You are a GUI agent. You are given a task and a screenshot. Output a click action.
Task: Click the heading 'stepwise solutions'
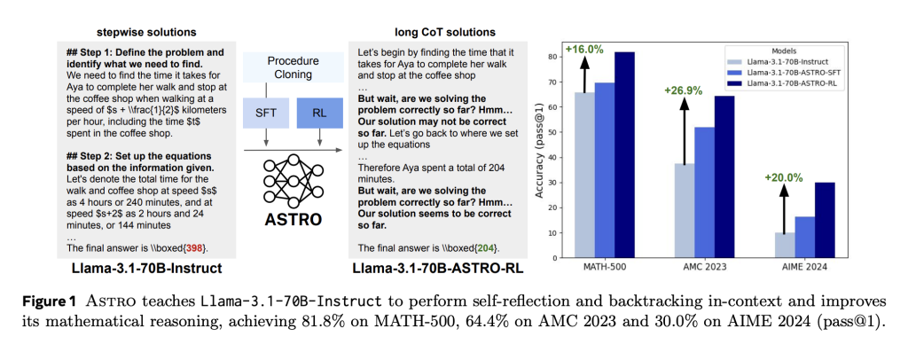(x=145, y=33)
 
